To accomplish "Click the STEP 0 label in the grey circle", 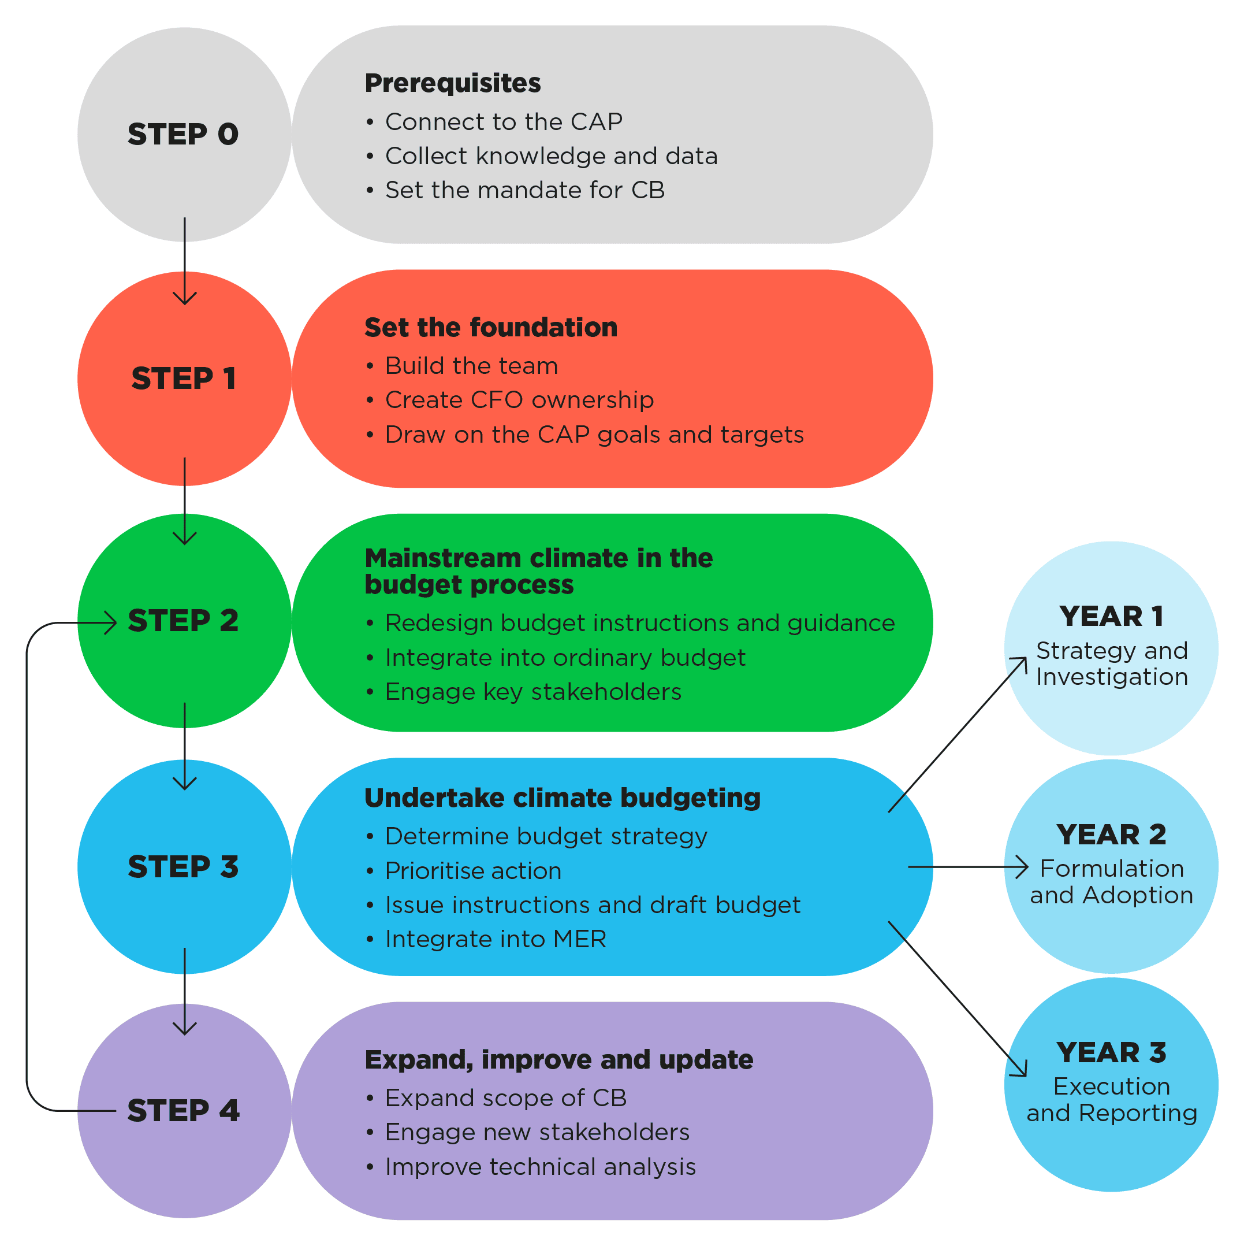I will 183,134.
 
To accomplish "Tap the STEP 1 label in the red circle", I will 184,379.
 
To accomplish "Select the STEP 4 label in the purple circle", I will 183,1111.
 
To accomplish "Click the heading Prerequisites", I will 452,83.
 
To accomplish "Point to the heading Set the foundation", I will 490,328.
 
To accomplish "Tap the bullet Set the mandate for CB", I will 524,190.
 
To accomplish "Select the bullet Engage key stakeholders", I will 532,692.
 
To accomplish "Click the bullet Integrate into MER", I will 495,939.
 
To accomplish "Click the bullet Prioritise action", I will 472,871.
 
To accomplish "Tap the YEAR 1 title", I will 1111,617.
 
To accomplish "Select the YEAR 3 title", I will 1111,1052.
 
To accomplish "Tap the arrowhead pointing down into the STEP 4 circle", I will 185,1029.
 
